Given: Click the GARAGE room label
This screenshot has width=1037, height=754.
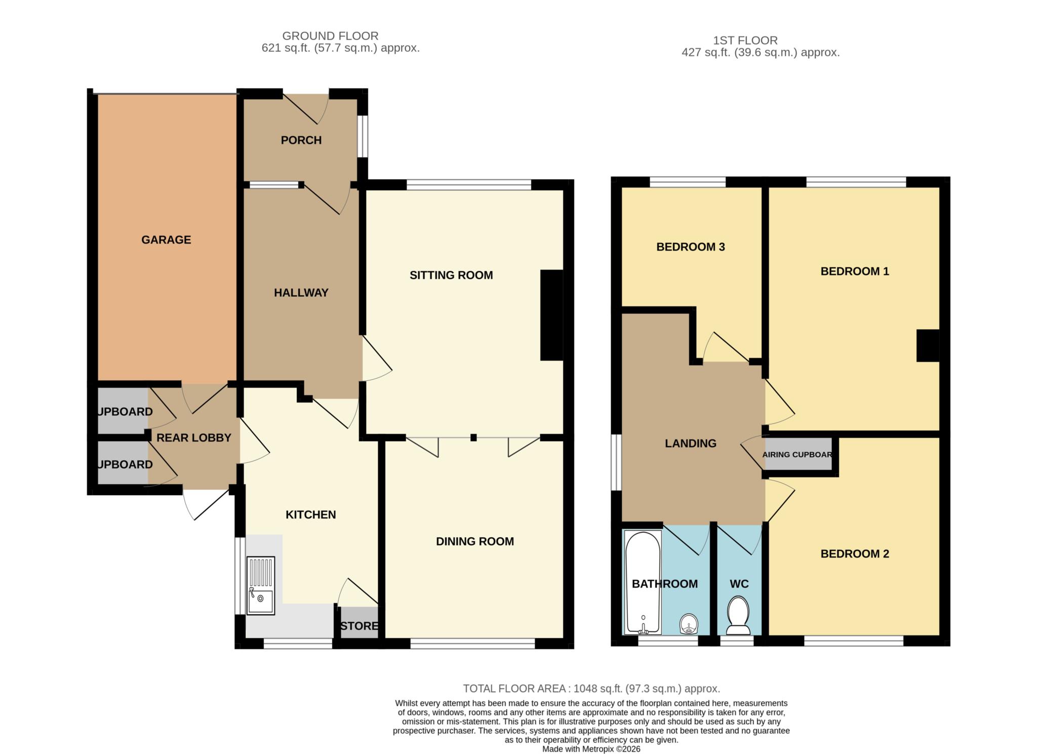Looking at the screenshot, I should (x=166, y=240).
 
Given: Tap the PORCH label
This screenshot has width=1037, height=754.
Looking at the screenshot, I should (x=301, y=140).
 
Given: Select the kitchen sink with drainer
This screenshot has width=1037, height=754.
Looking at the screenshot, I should (x=261, y=585).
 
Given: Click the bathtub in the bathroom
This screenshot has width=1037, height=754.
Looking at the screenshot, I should (x=643, y=582).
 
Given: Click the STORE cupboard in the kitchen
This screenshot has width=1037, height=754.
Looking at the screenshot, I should (x=359, y=626).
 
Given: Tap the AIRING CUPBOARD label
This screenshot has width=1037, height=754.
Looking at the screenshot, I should (x=797, y=455).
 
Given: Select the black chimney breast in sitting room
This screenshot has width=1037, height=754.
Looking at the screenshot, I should (x=552, y=315).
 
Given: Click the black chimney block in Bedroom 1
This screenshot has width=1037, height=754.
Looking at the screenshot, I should (x=928, y=345).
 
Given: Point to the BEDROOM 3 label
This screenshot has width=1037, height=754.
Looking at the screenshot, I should (x=690, y=247).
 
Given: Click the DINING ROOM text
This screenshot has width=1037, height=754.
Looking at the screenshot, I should (x=474, y=542).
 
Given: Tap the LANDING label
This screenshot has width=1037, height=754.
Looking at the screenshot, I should (x=690, y=444).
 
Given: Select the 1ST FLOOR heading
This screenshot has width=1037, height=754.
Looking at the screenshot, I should (x=745, y=41).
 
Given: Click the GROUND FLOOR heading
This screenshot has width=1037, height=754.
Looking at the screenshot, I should (x=330, y=36).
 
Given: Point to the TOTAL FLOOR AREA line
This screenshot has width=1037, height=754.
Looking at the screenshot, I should (x=591, y=689).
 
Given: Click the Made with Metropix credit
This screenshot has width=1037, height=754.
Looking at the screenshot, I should (x=591, y=749).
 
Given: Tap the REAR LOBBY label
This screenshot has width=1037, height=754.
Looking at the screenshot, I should (x=193, y=438).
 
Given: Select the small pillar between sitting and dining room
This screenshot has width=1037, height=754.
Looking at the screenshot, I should (x=473, y=438).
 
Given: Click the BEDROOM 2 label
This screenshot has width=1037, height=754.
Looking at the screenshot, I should (x=854, y=554).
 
